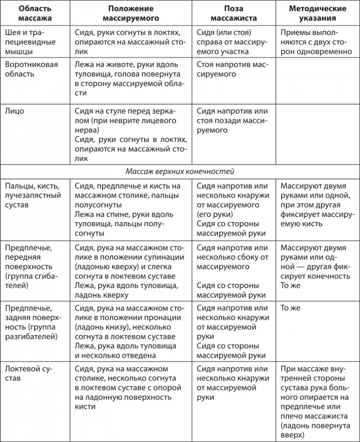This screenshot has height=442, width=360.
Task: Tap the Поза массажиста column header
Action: coord(234,14)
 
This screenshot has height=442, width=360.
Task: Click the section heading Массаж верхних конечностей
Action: coord(180,172)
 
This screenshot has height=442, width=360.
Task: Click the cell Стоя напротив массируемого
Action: coord(234,69)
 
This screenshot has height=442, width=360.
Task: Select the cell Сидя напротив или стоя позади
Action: coord(234,120)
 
